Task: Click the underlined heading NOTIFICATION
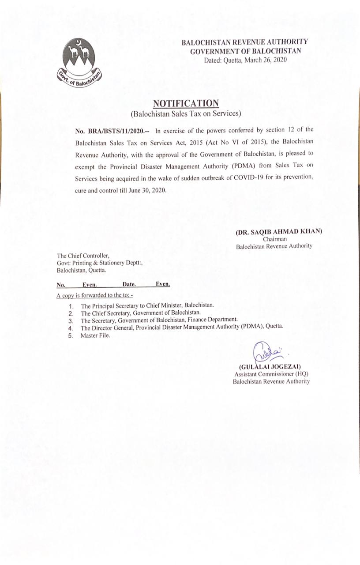(186, 103)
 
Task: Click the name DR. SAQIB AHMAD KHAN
(279, 231)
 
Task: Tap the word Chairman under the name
(275, 239)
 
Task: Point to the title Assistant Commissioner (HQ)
(271, 374)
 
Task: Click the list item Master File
(95, 335)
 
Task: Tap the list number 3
(70, 320)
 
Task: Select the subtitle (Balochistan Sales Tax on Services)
(186, 114)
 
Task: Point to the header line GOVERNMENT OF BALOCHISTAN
(246, 51)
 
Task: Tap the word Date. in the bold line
(129, 285)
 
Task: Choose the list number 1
(71, 305)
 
